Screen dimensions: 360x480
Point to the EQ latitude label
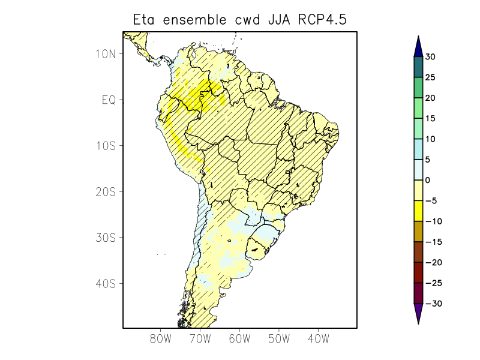pos(109,100)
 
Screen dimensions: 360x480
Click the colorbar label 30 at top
pos(430,57)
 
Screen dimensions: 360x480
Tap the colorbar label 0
pos(428,181)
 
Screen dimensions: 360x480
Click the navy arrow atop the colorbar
pos(418,47)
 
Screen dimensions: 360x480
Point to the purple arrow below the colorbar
pos(418,313)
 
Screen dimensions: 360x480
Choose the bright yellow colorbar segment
pos(418,211)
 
